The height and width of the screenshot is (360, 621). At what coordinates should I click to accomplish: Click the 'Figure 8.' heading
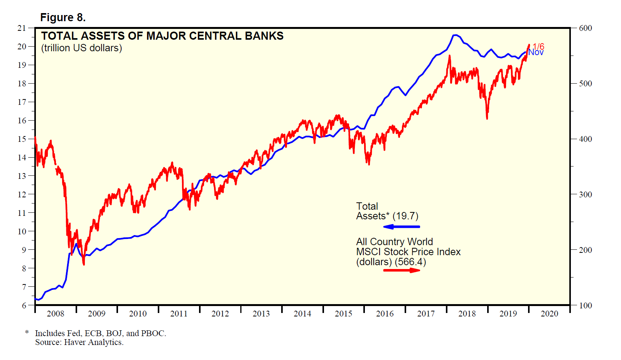coord(63,18)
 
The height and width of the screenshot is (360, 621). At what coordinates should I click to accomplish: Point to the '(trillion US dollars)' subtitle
coord(82,48)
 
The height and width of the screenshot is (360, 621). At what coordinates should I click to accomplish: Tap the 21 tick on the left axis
coord(22,28)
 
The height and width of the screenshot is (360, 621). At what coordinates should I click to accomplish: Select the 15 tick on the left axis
coord(22,139)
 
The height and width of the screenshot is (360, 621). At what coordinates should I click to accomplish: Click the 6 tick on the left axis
coord(24,305)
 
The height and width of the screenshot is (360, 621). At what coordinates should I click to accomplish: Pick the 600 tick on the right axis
coord(585,28)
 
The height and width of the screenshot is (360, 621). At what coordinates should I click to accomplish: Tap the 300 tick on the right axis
coord(585,195)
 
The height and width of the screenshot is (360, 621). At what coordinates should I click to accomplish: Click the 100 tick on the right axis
coord(585,306)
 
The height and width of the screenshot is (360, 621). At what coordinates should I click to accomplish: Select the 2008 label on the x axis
coord(56,314)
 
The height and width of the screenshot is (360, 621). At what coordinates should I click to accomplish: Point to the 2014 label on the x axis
coord(302,314)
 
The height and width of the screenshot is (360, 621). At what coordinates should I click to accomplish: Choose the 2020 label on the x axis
coord(549,314)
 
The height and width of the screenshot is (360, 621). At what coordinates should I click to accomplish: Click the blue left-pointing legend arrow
coord(402,227)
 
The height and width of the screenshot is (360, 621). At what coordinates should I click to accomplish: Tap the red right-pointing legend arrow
coord(402,270)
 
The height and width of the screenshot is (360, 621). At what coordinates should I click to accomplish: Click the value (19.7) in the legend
coord(405,216)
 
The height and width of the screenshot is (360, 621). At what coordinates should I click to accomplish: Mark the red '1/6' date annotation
coord(538,47)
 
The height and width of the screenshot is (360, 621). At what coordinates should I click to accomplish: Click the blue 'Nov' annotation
coord(536,52)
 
